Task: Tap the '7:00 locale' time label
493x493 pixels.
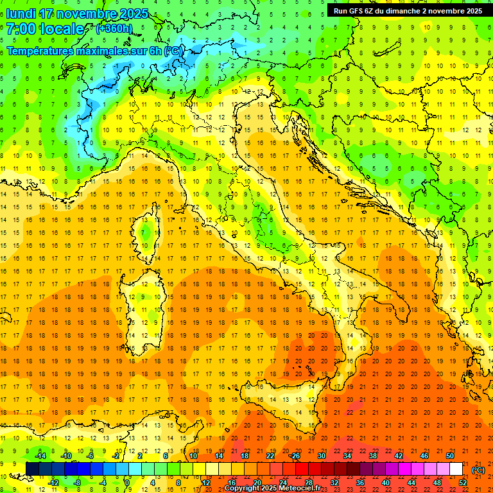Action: click(45, 29)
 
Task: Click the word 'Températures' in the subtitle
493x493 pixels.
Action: click(40, 50)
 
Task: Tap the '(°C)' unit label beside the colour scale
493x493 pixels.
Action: click(478, 470)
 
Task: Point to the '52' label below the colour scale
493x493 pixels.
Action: click(462, 483)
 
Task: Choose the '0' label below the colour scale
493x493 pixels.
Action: click(127, 483)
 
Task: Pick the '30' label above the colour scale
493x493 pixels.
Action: click(321, 456)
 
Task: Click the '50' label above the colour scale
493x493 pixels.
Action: click(449, 456)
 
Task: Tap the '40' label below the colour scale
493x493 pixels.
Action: click(385, 483)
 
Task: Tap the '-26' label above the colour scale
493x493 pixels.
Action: click(295, 456)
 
